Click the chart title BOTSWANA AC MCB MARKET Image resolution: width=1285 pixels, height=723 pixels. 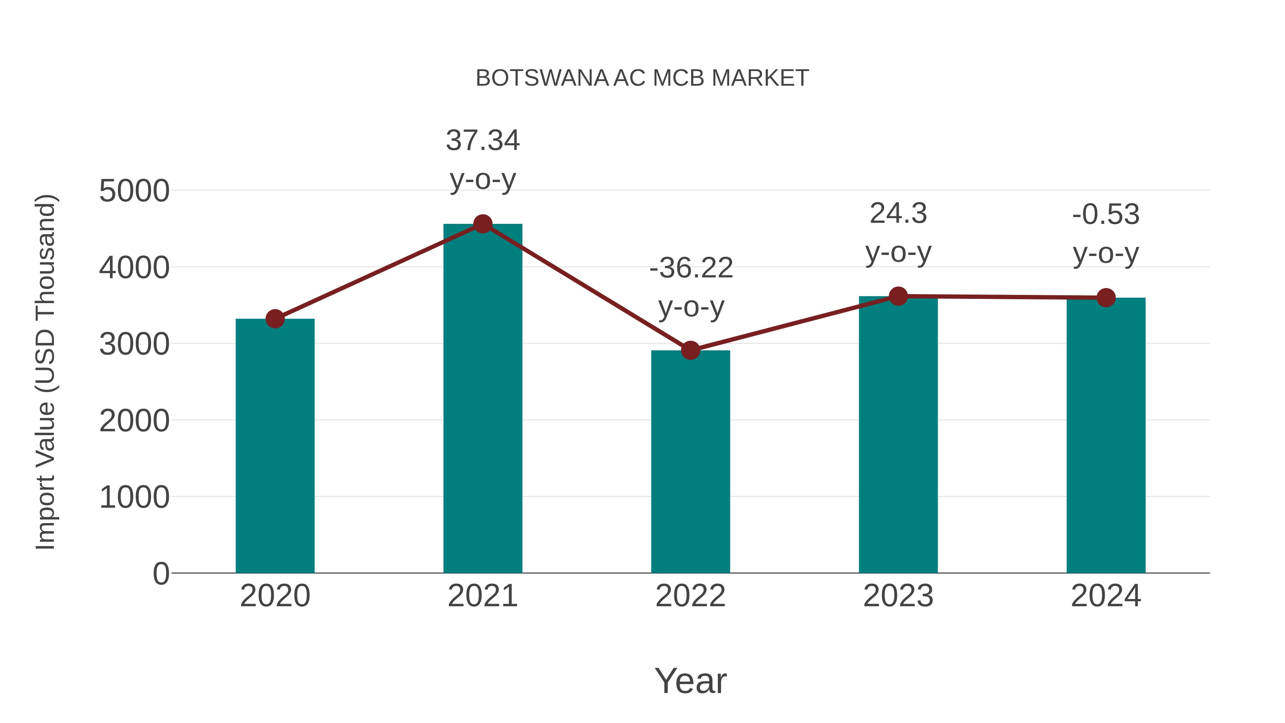pos(642,78)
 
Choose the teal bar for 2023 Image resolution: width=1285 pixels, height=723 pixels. pos(898,434)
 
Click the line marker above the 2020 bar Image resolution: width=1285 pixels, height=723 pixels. pos(275,319)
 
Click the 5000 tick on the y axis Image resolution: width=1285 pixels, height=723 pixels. pos(134,191)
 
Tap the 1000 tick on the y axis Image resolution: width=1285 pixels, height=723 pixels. pos(134,497)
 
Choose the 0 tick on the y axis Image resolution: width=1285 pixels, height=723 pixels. pos(161,574)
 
